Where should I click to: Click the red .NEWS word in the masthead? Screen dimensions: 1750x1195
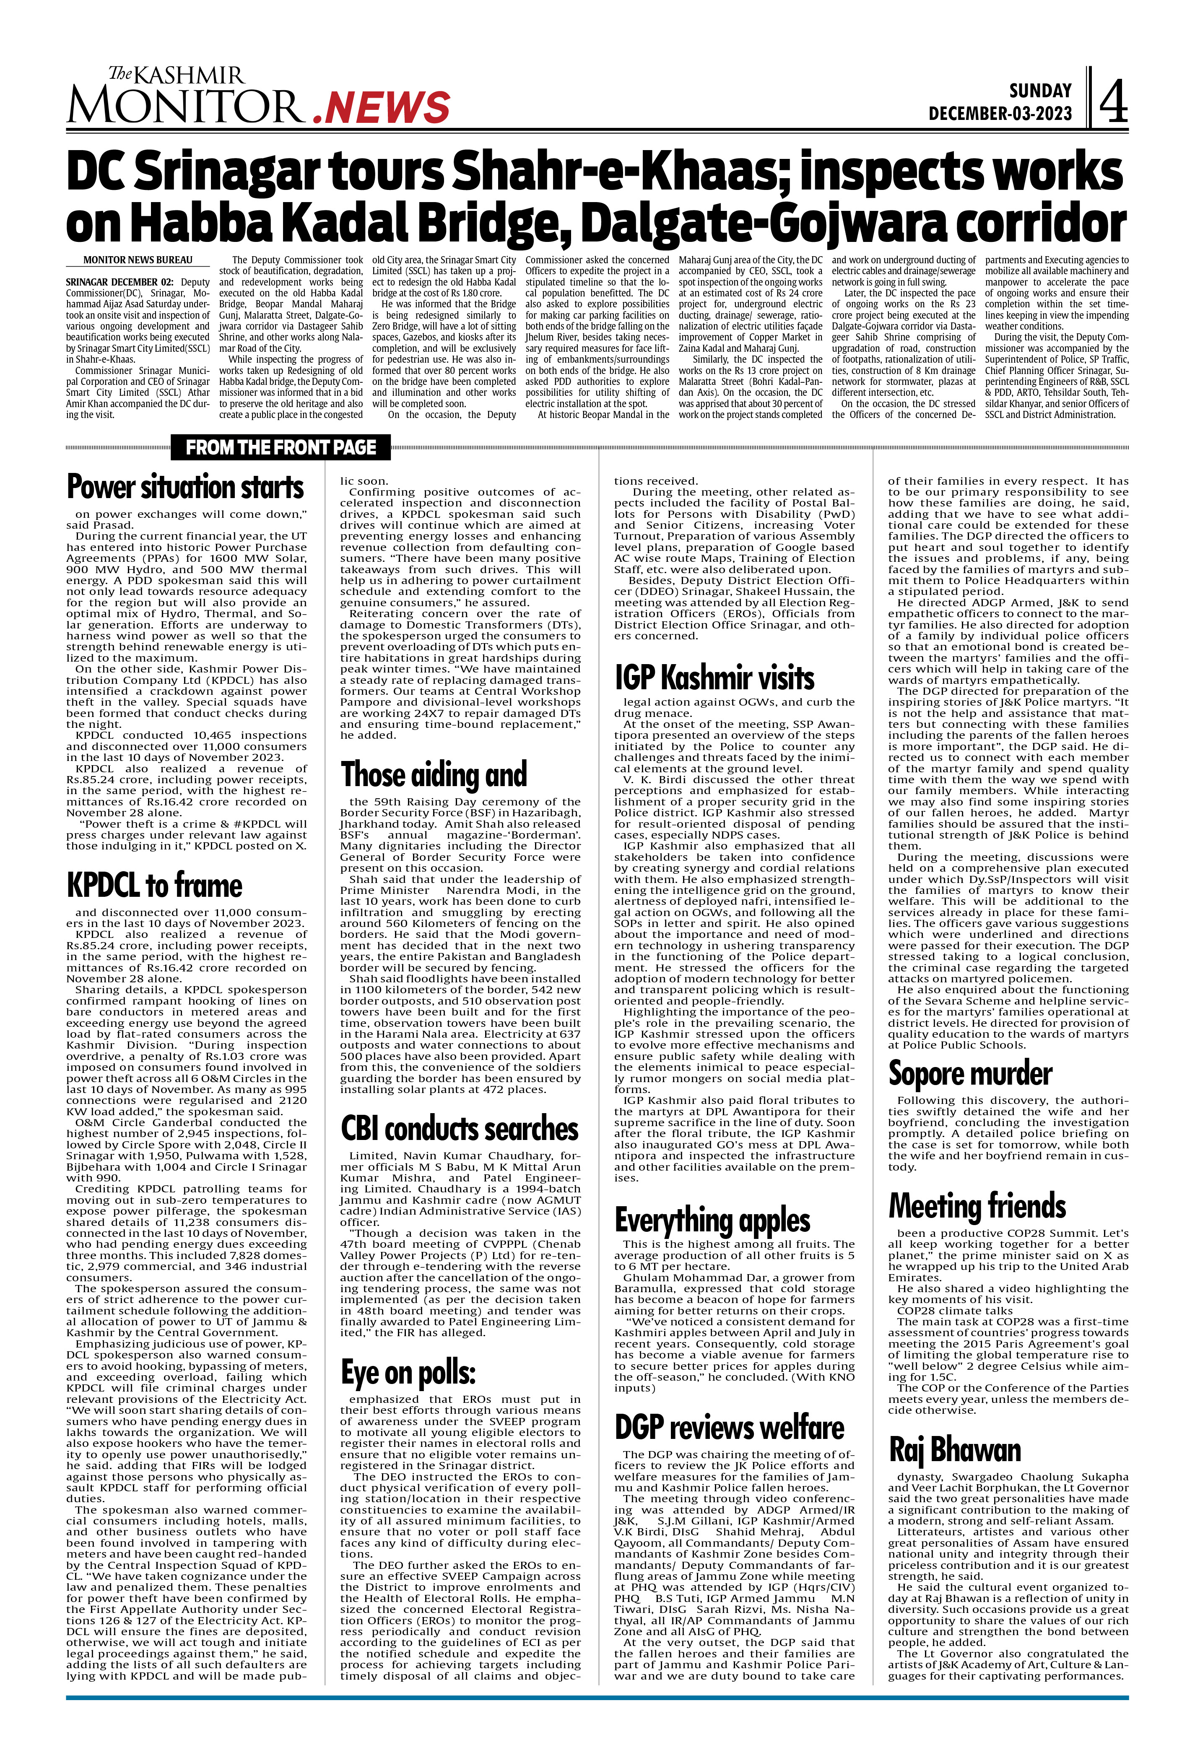(x=382, y=108)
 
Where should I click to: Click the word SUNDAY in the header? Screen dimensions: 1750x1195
(x=1040, y=91)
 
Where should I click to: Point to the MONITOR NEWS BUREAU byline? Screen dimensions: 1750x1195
(x=138, y=260)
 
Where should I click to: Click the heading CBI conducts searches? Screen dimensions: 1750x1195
(x=459, y=1128)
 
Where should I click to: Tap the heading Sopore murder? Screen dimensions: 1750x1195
(x=970, y=1072)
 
